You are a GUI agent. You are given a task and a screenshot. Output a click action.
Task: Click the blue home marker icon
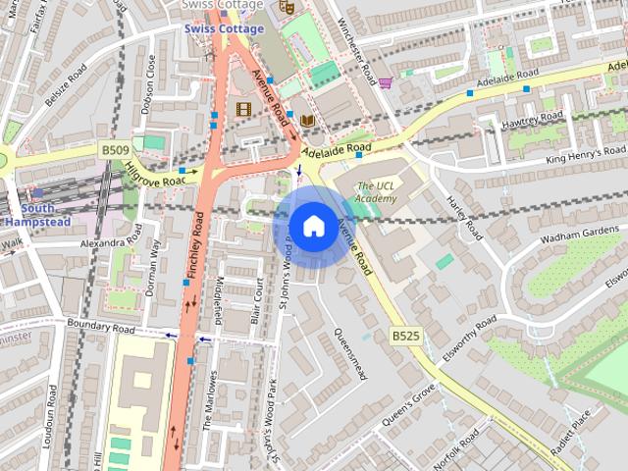tap(312, 226)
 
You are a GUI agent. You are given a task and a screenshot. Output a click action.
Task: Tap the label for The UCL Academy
tap(376, 192)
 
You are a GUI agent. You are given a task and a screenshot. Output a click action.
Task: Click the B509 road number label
tap(115, 149)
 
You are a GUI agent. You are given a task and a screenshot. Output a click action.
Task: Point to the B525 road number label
tap(405, 336)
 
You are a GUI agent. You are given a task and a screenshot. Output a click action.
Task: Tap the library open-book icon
tap(308, 121)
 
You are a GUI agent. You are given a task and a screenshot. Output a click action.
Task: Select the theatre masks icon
tap(287, 6)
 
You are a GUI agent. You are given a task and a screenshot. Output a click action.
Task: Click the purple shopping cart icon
tap(386, 82)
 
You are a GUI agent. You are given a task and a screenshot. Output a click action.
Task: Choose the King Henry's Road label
tap(586, 154)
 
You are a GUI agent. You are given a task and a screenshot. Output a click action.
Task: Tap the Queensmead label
tap(350, 353)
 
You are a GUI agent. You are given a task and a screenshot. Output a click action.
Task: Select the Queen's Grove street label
tap(409, 405)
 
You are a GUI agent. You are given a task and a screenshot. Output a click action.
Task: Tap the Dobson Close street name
tap(150, 83)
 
